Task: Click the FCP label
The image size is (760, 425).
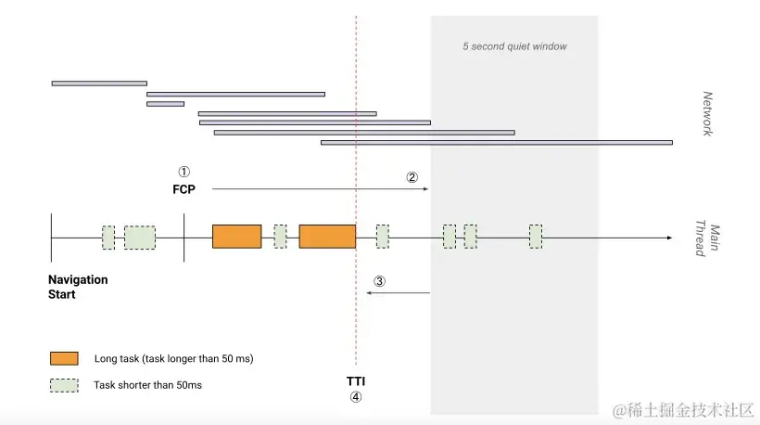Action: [x=183, y=188]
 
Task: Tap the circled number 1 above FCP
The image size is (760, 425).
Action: [x=184, y=172]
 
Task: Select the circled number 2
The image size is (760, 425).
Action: [x=412, y=177]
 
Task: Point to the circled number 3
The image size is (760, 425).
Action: [x=379, y=281]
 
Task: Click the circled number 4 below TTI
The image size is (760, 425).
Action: [x=355, y=397]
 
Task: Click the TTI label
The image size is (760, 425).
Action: [x=355, y=381]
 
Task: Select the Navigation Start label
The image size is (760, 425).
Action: [x=78, y=287]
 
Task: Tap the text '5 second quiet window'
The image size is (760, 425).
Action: [x=514, y=46]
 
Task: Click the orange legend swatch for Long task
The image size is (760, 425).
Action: [x=64, y=358]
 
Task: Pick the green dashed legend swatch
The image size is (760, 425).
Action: [x=64, y=384]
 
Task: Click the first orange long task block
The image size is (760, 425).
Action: [x=236, y=237]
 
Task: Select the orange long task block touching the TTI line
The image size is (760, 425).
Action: [x=327, y=237]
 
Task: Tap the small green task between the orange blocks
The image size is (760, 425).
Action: [x=280, y=237]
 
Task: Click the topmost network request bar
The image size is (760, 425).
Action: [x=99, y=84]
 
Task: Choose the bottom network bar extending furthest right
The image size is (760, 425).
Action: [x=496, y=142]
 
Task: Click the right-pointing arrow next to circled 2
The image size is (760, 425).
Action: [x=320, y=189]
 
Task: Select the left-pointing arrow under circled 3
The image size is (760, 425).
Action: [x=399, y=293]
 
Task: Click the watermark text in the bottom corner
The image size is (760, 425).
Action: [x=680, y=409]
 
